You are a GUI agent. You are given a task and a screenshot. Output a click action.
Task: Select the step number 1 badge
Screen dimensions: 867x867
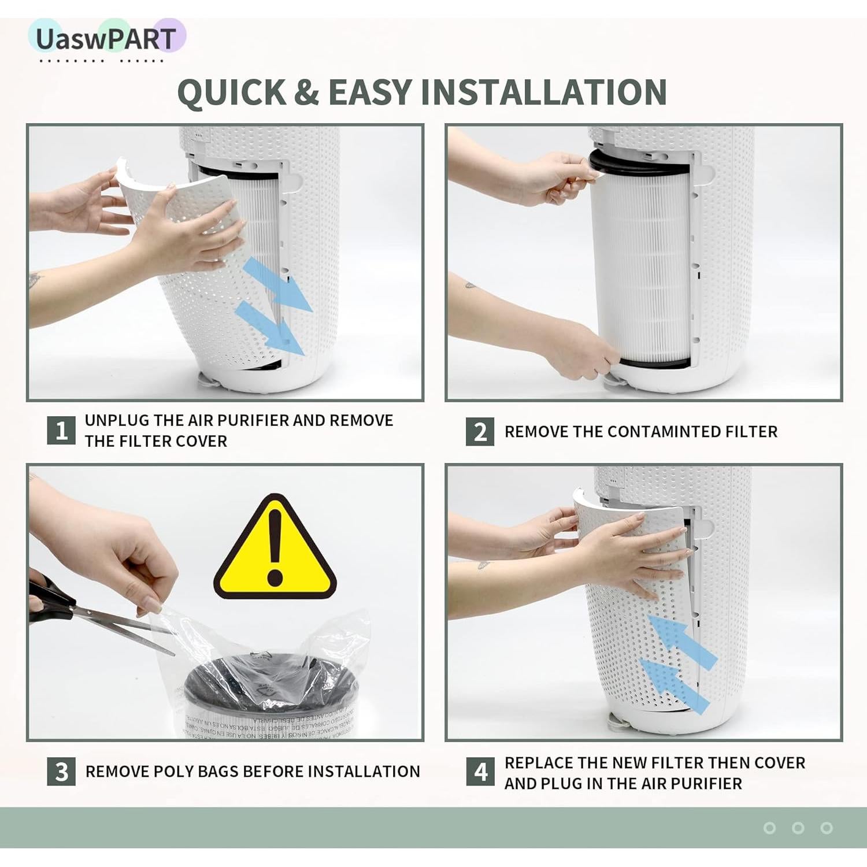tap(61, 431)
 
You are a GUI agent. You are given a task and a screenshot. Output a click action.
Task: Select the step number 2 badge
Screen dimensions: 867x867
tap(480, 432)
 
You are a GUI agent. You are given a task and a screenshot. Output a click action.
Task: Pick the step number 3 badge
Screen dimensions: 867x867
tap(61, 772)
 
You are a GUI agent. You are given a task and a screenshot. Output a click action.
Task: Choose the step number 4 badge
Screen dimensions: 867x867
tap(480, 772)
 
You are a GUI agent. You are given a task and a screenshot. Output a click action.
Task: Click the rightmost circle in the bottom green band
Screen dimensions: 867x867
tap(827, 828)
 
